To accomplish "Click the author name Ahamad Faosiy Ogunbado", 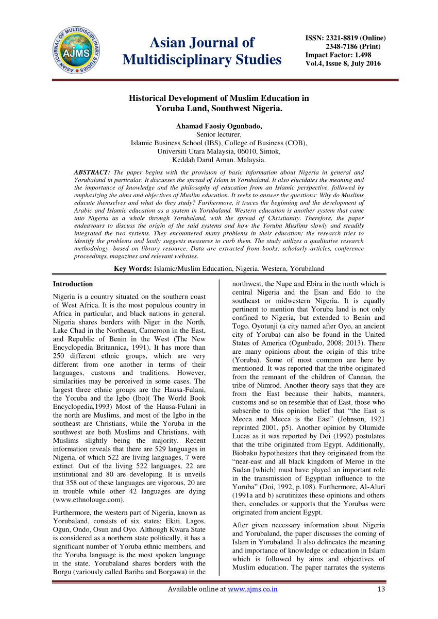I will pyautogui.click(x=219, y=126).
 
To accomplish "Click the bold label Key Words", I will pyautogui.click(x=132, y=268).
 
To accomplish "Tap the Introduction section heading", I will pyautogui.click(x=73, y=284).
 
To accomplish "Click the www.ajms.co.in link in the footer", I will pyautogui.click(x=252, y=589).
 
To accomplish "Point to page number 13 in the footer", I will pyautogui.click(x=381, y=589).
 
